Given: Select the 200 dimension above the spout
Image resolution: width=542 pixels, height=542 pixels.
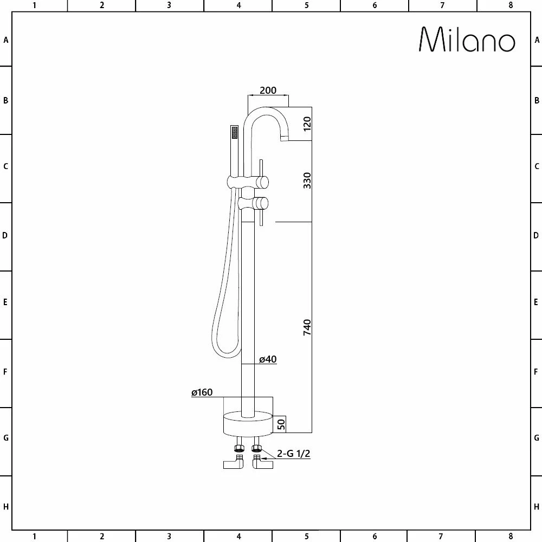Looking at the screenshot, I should [268, 91].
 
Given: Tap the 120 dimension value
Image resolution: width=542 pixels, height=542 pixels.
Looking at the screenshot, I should [307, 124].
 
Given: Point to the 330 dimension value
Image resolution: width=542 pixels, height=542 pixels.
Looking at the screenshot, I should [307, 180].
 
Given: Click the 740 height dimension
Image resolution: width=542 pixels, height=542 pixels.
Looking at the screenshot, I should [307, 327].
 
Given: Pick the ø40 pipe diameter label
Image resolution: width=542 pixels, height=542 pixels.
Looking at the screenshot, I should [268, 359].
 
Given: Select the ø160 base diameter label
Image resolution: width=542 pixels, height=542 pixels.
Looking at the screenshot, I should [202, 392].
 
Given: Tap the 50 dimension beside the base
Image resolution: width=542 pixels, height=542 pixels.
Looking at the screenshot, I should [281, 424].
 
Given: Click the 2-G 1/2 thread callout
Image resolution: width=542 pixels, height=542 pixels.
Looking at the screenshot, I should [293, 454].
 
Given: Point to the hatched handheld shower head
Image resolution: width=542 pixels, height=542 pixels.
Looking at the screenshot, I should [234, 132].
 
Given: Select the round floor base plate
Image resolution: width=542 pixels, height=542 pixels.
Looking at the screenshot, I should [248, 423].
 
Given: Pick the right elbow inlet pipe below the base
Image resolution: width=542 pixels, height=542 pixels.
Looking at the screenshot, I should [264, 464].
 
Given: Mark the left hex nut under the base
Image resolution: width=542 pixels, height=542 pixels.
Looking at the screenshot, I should [238, 448].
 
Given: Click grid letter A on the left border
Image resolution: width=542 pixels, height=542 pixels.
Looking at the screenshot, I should [6, 40].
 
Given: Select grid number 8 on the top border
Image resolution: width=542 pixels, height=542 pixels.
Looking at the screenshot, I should [510, 5].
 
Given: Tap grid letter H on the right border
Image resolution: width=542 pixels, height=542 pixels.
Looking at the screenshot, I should [537, 507].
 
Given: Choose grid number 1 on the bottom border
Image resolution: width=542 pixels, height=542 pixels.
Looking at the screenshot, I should [34, 537].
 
